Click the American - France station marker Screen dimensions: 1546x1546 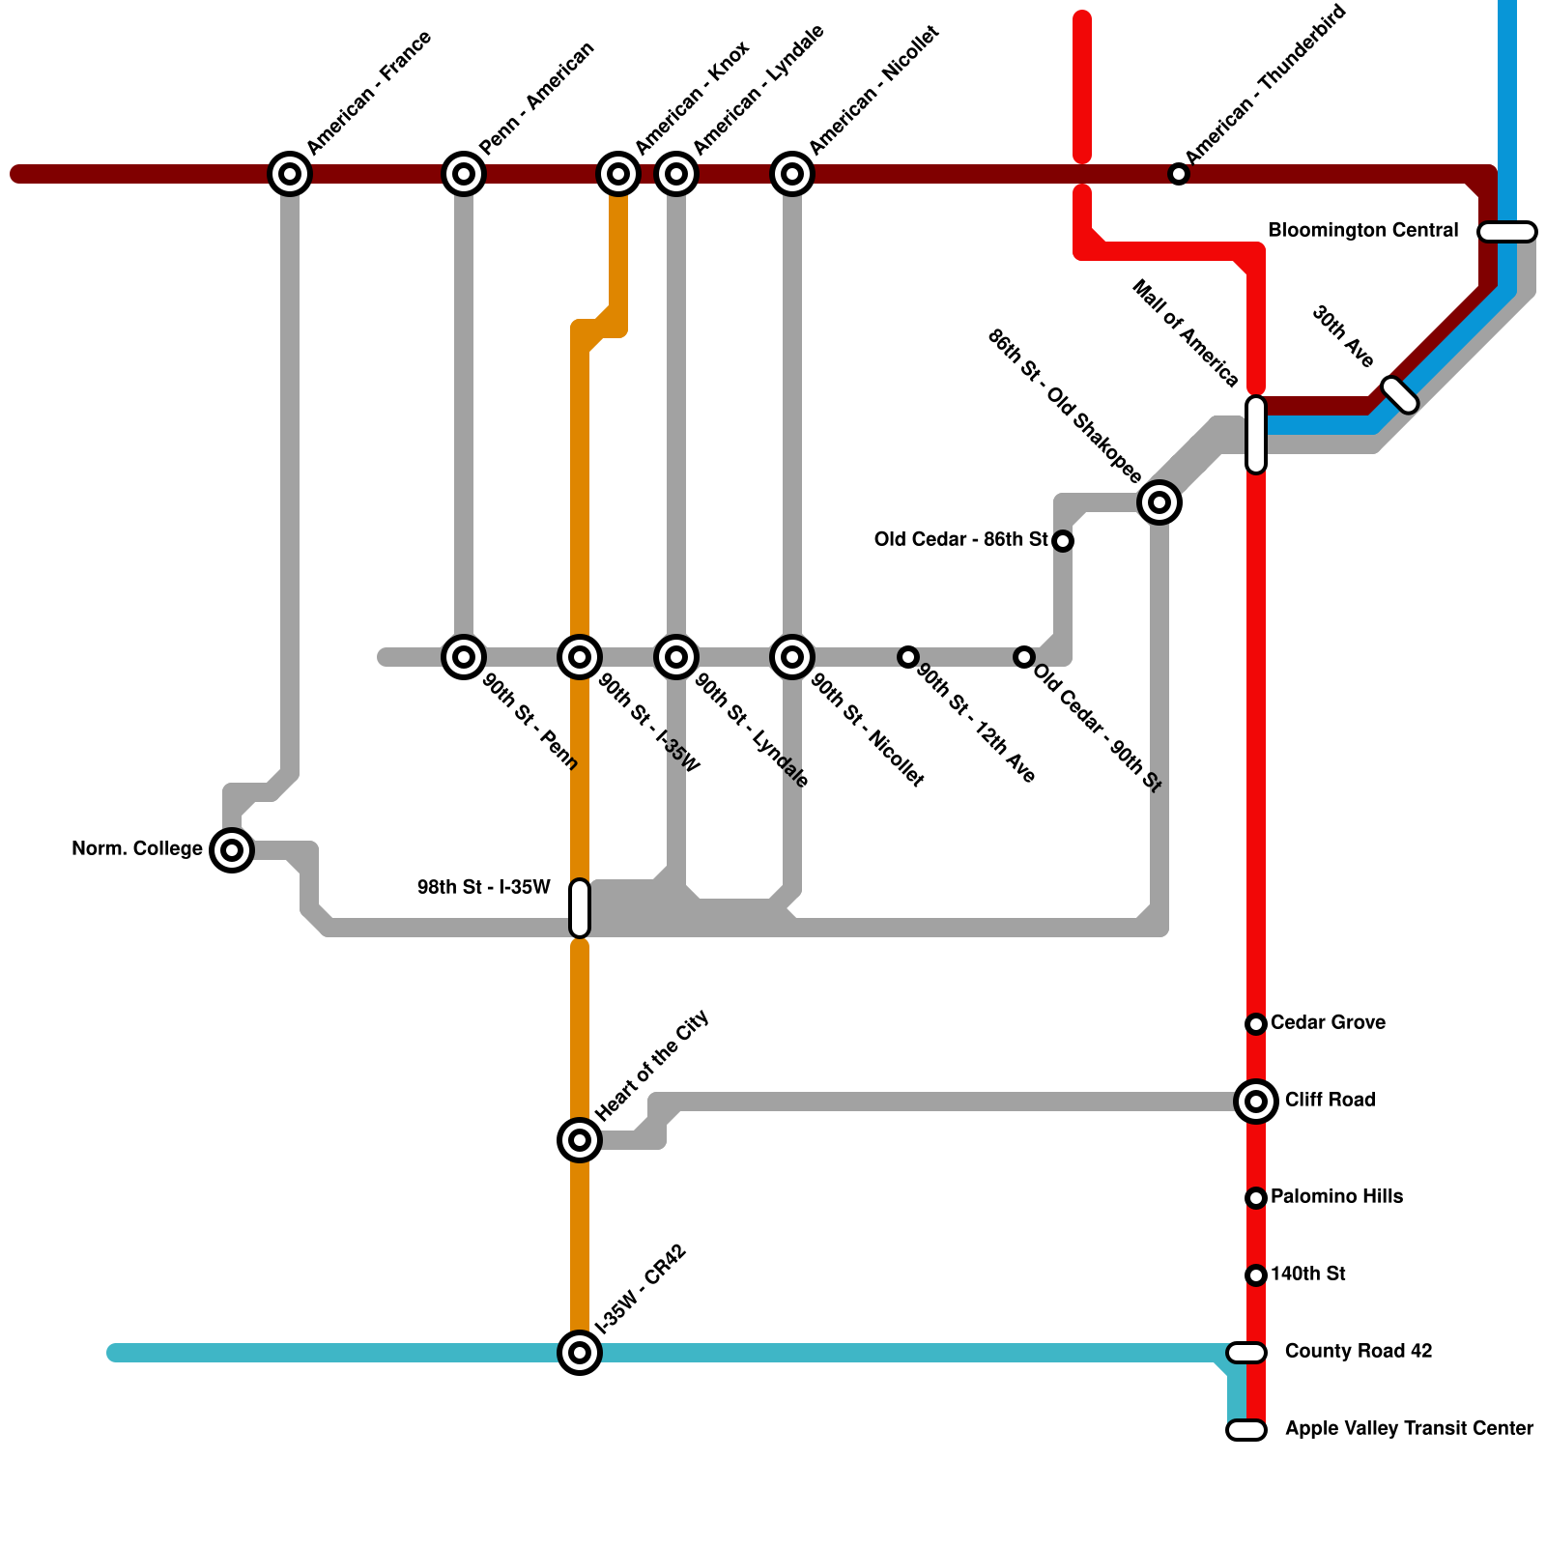[290, 174]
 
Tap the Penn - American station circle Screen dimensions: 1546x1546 [464, 174]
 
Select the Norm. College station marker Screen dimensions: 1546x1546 [232, 850]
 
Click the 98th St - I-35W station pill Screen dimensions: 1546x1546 [580, 908]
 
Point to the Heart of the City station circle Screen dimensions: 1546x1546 [580, 1140]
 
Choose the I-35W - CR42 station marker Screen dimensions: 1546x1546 [580, 1353]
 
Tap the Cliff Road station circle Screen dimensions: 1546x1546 [1256, 1101]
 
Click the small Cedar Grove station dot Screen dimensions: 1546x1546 [1256, 1024]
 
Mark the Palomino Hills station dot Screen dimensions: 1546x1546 [1256, 1198]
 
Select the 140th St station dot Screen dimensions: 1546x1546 [1256, 1275]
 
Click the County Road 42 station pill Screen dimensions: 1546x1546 [1246, 1353]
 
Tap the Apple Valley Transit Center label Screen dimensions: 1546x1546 [1409, 1428]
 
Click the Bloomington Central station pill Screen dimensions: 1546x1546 [1507, 232]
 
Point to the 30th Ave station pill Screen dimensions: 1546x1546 [1400, 395]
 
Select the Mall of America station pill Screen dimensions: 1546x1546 [1256, 435]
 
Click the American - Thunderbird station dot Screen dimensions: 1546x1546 [1179, 174]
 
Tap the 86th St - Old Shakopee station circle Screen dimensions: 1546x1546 [1159, 502]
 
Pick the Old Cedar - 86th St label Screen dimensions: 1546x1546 [960, 539]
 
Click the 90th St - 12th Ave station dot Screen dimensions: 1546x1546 [908, 657]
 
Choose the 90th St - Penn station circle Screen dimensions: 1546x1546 [464, 657]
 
